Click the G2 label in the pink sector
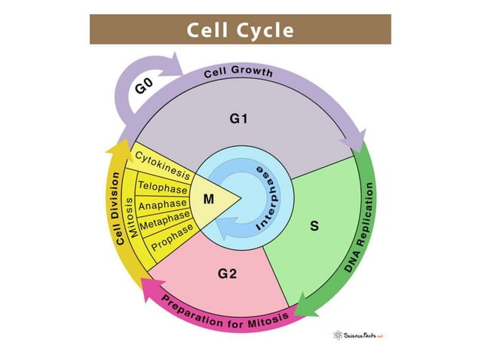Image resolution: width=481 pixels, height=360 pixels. (x=228, y=273)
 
